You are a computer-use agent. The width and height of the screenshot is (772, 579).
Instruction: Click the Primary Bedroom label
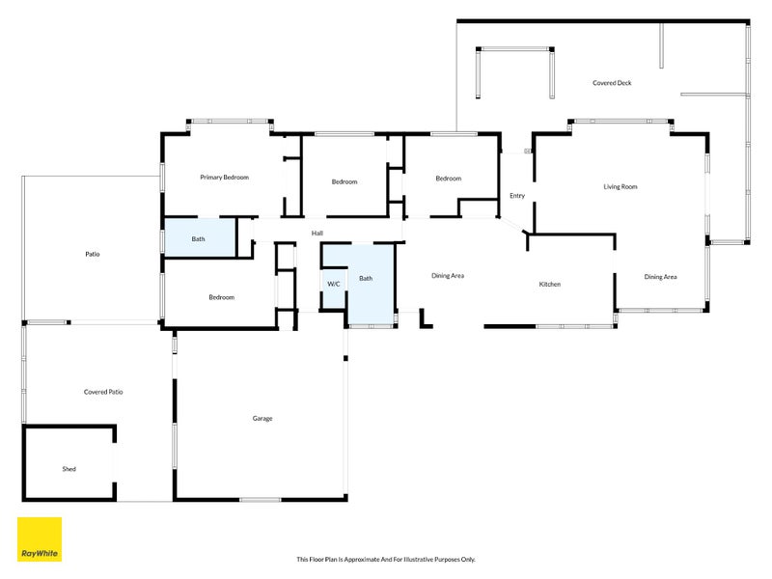pos(224,178)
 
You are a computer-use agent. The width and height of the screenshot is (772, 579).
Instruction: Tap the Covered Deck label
pos(612,83)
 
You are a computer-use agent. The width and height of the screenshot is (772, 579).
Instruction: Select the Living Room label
pos(620,186)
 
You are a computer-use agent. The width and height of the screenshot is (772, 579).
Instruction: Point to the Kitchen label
pos(550,284)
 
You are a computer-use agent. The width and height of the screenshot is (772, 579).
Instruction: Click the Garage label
pos(262,418)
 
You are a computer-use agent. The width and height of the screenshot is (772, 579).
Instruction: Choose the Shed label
pos(69,469)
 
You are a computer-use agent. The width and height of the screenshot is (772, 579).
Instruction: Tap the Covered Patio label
pos(103,392)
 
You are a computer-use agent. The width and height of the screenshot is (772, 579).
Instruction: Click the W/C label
pos(334,284)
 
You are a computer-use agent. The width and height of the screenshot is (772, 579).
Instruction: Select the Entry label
pos(517,196)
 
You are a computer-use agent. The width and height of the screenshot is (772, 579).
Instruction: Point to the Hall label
pos(317,233)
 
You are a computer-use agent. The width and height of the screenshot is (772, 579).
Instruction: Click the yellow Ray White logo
pos(40,539)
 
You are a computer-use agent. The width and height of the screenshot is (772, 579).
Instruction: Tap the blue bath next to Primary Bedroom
pos(199,238)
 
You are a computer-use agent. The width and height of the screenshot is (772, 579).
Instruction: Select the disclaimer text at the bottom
pos(386,559)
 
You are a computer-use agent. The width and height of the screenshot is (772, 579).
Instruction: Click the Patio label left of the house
pos(93,254)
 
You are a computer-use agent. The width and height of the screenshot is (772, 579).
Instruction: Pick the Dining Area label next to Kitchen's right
pos(660,277)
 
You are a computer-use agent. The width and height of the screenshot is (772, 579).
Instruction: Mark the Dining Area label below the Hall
pos(448,276)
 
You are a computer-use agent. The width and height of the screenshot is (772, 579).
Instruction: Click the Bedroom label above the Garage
pos(222,297)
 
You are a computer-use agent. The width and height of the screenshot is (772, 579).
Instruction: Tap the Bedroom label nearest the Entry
pos(448,179)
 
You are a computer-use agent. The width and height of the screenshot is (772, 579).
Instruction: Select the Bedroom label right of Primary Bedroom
pos(345,181)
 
